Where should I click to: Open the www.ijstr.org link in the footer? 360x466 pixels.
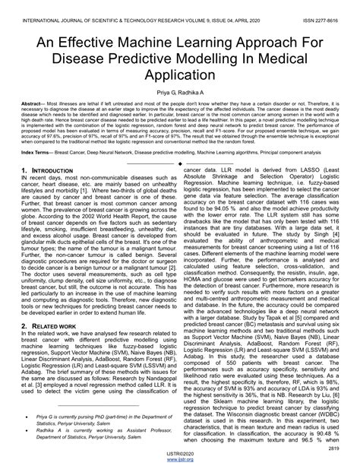point(180,461)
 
